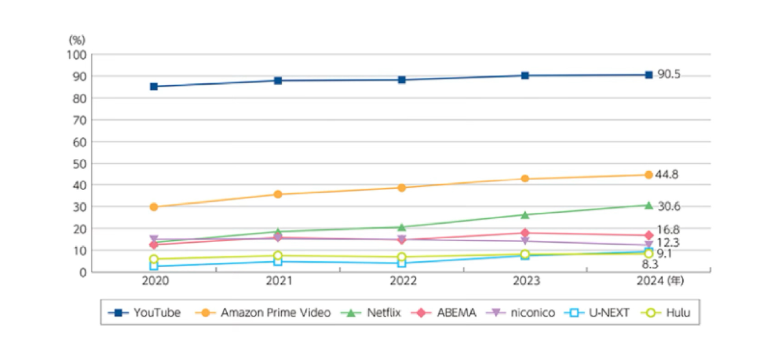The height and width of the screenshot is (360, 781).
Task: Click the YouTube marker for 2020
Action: pyautogui.click(x=154, y=86)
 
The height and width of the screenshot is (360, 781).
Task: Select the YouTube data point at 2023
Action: pyautogui.click(x=525, y=76)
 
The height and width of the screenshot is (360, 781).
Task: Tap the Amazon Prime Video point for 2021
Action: pyautogui.click(x=278, y=194)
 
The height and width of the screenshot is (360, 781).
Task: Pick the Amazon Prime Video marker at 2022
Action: pyautogui.click(x=402, y=187)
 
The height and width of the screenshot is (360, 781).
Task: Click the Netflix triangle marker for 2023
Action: pyautogui.click(x=525, y=215)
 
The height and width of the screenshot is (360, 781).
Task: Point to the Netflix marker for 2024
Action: pyautogui.click(x=649, y=205)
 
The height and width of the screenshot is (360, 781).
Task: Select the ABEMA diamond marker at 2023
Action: pyautogui.click(x=525, y=233)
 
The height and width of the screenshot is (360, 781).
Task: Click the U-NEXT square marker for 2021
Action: pyautogui.click(x=278, y=262)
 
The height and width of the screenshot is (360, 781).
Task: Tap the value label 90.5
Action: pyautogui.click(x=668, y=75)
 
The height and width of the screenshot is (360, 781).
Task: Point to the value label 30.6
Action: pyautogui.click(x=668, y=206)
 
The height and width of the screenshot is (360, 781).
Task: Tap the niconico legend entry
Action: pyautogui.click(x=521, y=312)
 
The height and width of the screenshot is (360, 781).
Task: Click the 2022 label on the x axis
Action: pyautogui.click(x=402, y=282)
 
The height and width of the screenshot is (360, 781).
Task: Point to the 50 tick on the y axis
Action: pyautogui.click(x=79, y=163)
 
